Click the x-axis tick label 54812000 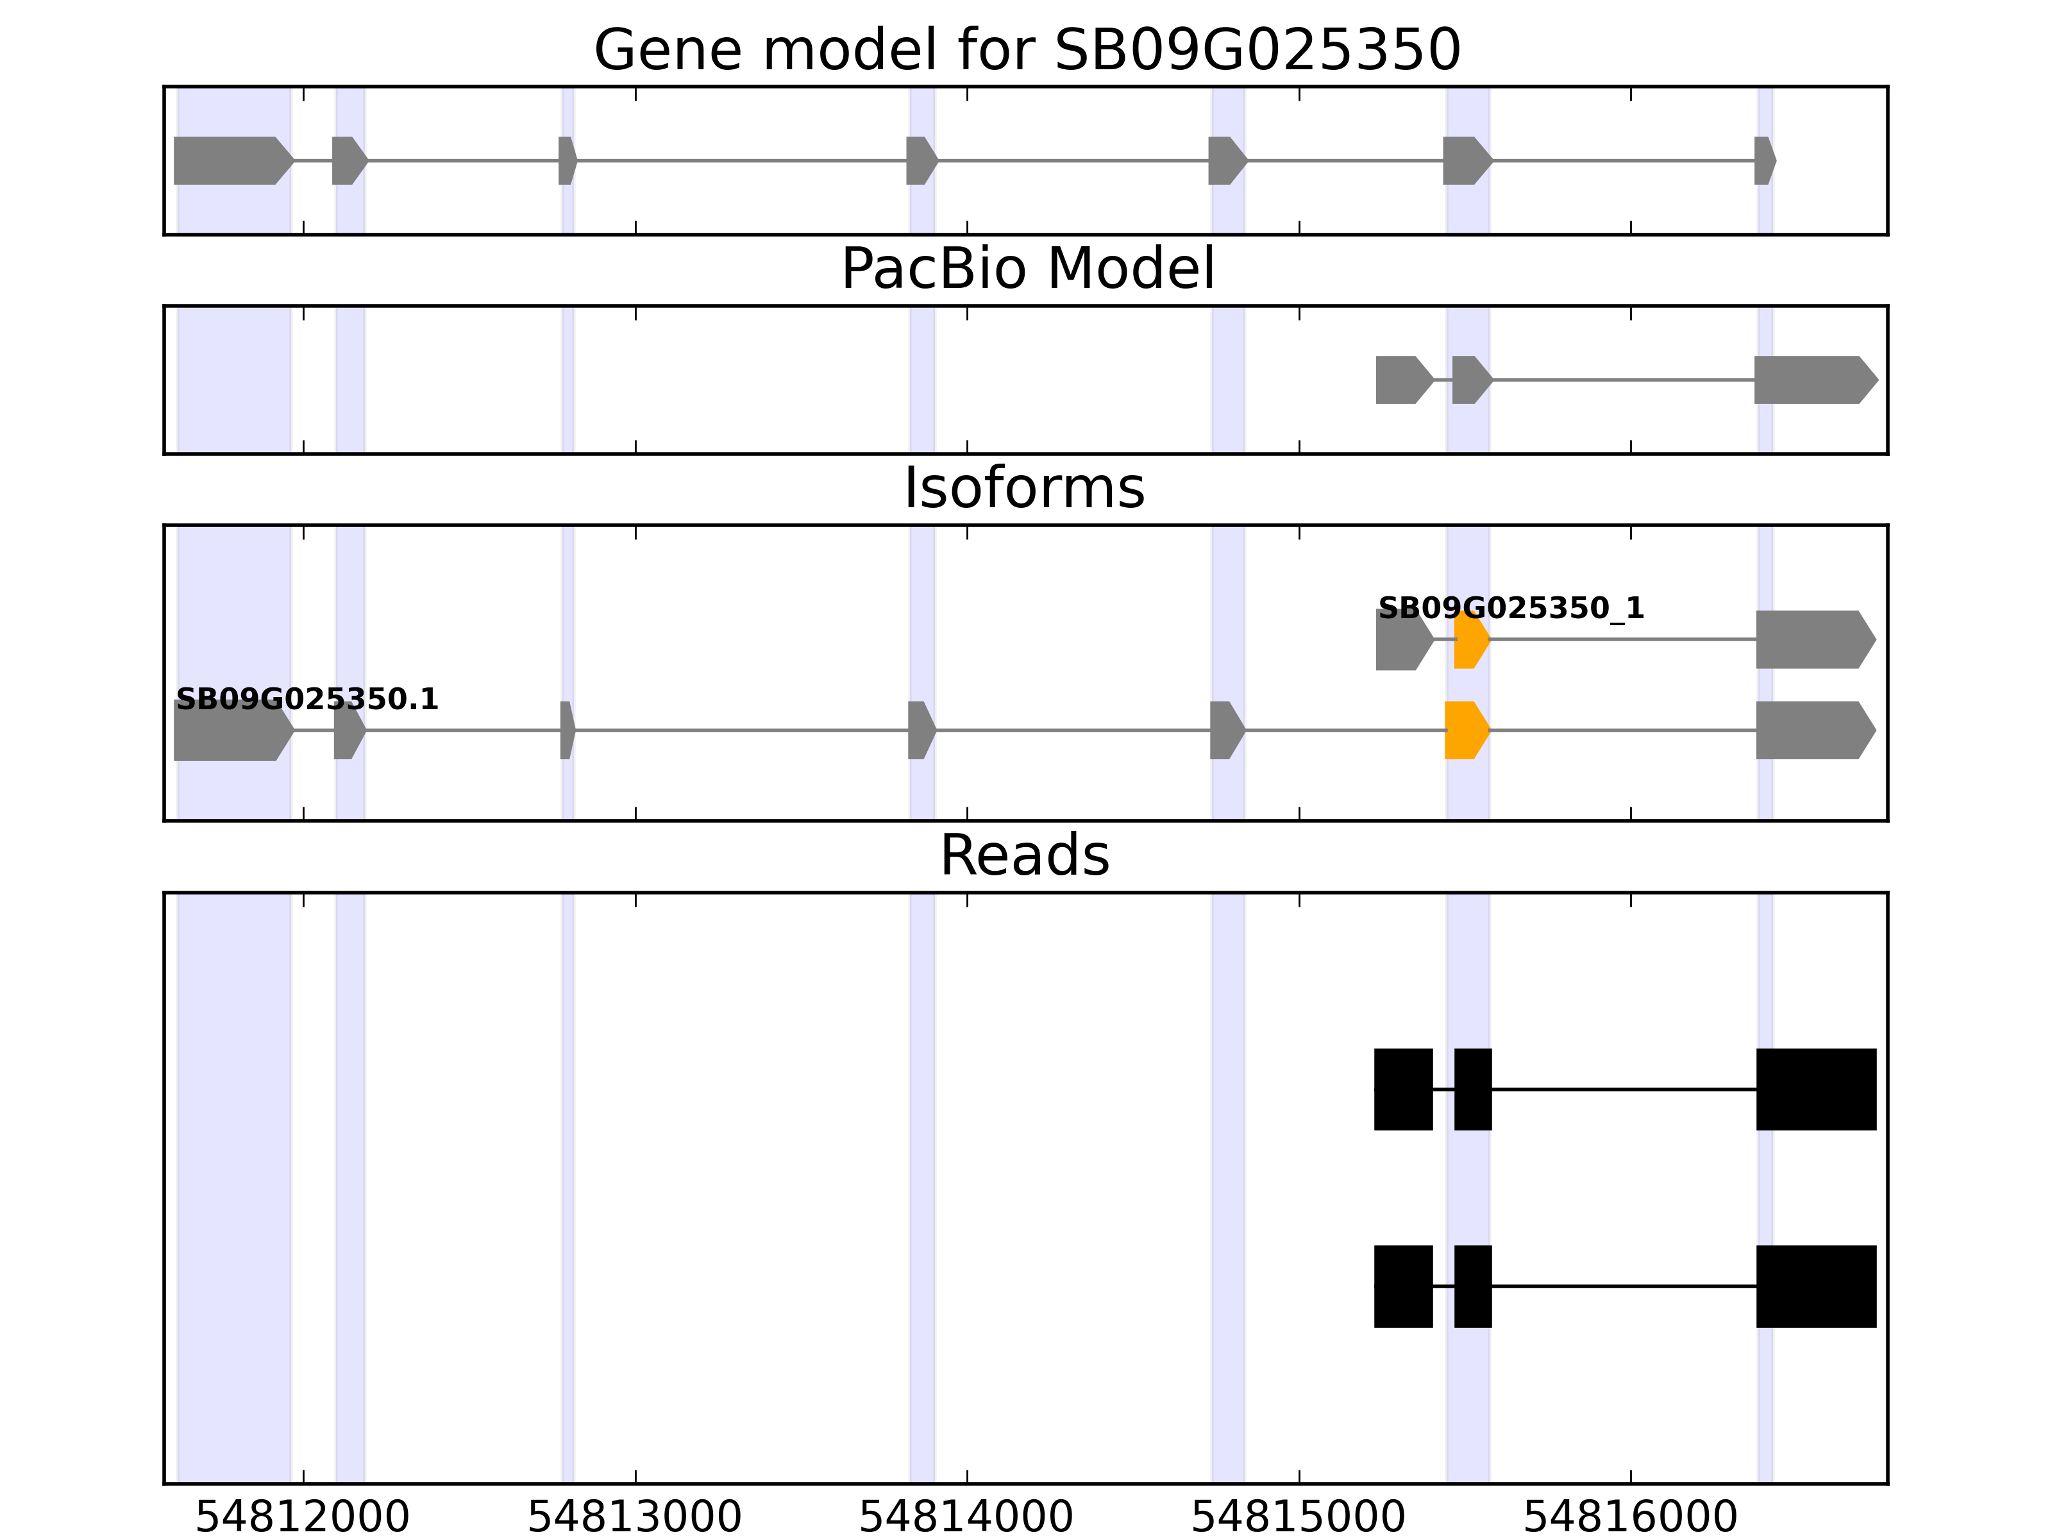tap(303, 1518)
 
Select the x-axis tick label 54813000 tap(635, 1518)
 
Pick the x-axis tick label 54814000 tap(966, 1518)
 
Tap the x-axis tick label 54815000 tap(1298, 1518)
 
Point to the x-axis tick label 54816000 tap(1630, 1518)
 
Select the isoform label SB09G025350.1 tap(306, 700)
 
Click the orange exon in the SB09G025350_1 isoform tap(1470, 640)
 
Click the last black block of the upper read tap(1815, 1089)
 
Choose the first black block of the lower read tap(1402, 1286)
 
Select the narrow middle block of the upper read tap(1472, 1089)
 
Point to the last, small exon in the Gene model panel tap(1763, 160)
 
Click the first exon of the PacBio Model tap(1402, 380)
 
